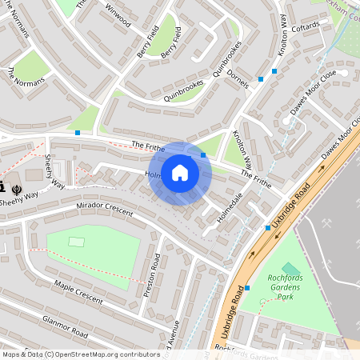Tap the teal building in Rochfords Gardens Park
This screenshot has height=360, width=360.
point(290,270)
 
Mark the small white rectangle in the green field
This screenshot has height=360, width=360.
point(77,242)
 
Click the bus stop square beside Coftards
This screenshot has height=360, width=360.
point(274,71)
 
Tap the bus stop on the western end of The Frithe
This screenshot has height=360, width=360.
point(78,133)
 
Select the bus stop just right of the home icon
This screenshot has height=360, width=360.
point(203,155)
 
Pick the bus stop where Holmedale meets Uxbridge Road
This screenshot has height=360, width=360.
point(267,228)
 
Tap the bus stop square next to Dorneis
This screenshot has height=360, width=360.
point(261,79)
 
